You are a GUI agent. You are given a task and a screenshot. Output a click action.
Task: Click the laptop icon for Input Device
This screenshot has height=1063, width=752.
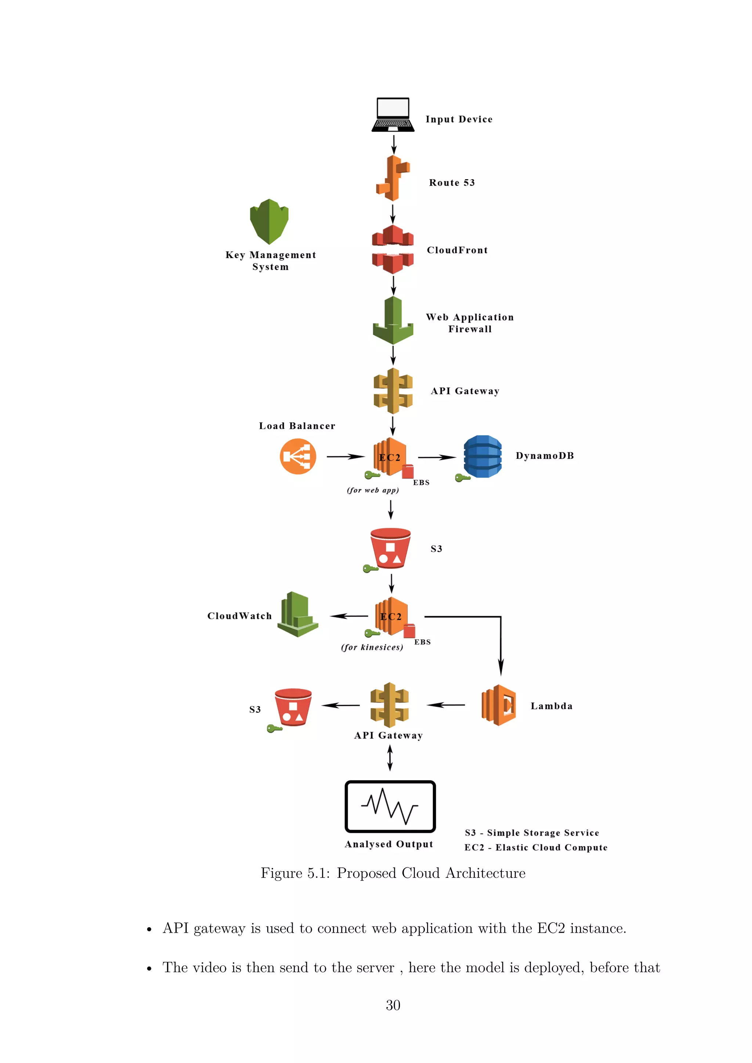click(393, 115)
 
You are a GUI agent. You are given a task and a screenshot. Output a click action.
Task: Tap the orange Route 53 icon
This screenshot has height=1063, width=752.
click(393, 178)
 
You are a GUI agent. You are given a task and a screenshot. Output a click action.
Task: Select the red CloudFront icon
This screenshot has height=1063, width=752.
click(393, 250)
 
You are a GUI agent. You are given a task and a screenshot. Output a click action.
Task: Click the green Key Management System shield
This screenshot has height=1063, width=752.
click(269, 221)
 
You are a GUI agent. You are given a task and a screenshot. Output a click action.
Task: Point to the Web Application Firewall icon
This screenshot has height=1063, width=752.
click(393, 320)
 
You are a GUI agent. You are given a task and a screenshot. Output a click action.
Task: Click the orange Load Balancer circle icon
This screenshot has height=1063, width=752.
click(298, 457)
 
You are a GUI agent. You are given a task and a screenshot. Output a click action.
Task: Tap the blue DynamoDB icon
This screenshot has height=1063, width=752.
click(482, 457)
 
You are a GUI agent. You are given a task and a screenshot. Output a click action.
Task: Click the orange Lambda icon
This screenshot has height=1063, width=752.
click(499, 705)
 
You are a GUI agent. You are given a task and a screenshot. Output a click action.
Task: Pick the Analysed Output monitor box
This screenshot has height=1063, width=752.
click(390, 806)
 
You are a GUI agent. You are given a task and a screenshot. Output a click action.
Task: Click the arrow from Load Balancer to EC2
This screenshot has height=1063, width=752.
click(346, 457)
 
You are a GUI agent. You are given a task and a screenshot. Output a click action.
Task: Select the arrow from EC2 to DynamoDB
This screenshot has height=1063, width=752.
click(437, 457)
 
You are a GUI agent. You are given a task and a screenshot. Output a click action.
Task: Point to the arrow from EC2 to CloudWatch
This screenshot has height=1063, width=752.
click(349, 616)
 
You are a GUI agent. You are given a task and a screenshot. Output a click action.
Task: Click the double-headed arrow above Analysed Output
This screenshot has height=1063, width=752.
click(390, 758)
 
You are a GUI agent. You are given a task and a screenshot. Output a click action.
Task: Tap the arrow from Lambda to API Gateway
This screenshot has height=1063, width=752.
click(445, 705)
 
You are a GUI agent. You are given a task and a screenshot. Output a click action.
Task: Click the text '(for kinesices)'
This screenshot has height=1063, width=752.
click(372, 647)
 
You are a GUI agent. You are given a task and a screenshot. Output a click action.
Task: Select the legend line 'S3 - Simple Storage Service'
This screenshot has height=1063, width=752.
click(532, 833)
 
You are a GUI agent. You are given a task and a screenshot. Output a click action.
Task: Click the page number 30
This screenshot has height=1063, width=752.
click(393, 1005)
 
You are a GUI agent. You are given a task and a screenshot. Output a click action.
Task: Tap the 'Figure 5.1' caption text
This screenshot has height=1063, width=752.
click(393, 873)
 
